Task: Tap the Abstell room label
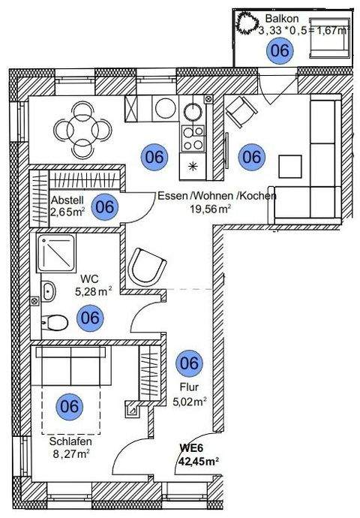click(67, 201)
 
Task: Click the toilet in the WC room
click(54, 323)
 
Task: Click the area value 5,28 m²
click(93, 289)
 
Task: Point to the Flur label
click(189, 388)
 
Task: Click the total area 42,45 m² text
click(197, 461)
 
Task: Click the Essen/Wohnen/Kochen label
click(217, 196)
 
